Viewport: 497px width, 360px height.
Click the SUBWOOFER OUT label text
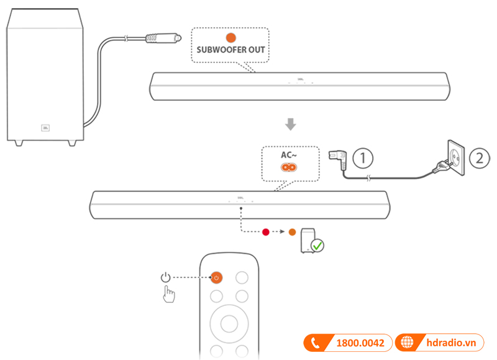click(230, 50)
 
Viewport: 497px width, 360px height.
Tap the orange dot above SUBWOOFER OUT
click(230, 38)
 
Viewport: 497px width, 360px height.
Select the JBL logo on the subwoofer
click(45, 129)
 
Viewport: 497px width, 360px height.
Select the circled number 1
click(363, 158)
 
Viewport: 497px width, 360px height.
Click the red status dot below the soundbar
click(267, 232)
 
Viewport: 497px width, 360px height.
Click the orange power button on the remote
click(216, 277)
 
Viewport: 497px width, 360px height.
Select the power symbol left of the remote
click(165, 277)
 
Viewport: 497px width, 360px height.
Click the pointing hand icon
click(168, 294)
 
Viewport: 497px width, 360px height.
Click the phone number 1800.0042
click(360, 343)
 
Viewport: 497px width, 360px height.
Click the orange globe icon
click(407, 343)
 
